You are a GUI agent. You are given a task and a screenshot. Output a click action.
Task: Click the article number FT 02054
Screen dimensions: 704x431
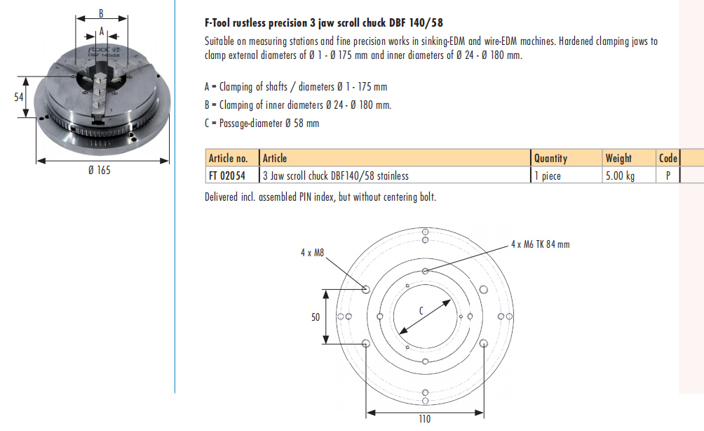pos(227,175)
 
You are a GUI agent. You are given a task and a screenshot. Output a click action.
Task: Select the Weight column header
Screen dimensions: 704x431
pos(618,158)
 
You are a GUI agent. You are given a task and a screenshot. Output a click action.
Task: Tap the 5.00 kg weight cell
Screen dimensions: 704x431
pos(620,175)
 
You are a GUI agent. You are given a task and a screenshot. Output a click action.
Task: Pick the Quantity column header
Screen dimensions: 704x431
pos(550,158)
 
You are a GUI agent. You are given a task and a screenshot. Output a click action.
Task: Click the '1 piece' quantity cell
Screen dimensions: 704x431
pos(548,175)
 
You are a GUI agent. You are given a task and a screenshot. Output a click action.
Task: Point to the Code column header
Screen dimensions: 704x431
pos(668,158)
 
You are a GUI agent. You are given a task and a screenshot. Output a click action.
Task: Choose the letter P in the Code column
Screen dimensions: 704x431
pos(668,175)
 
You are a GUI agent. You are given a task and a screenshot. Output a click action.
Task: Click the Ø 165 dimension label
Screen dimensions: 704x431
pos(100,171)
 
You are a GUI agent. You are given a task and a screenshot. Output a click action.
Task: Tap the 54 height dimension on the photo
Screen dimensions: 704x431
pos(18,97)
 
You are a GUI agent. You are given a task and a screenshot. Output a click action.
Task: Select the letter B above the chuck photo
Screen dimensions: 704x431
pos(101,13)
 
